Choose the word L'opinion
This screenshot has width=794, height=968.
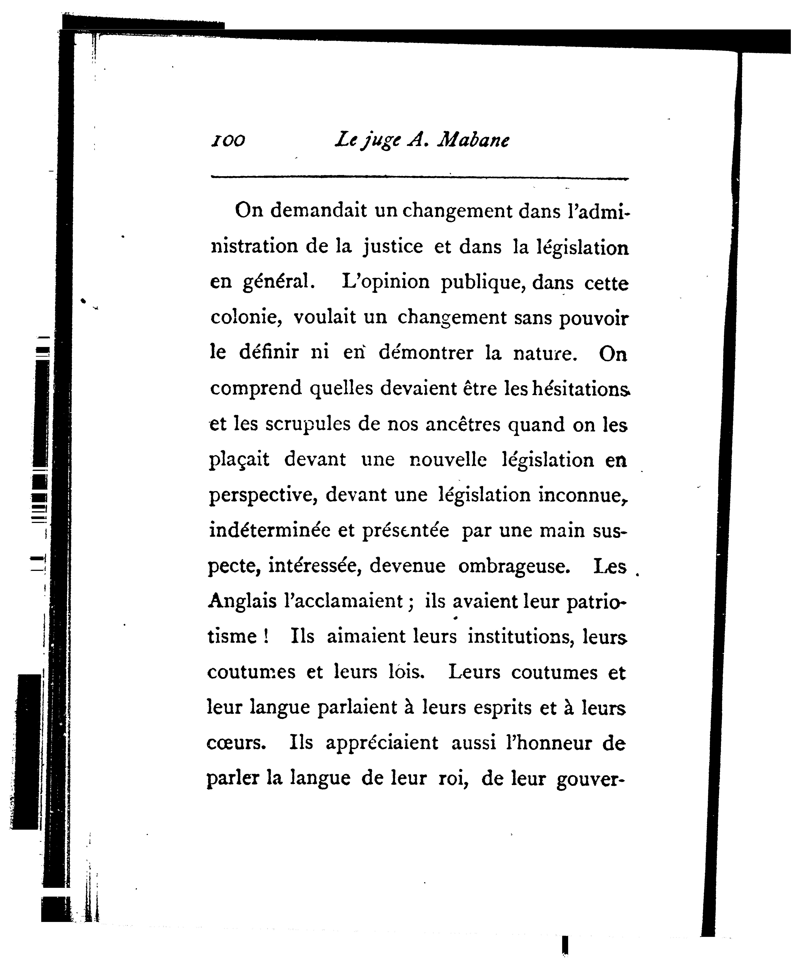click(386, 283)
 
